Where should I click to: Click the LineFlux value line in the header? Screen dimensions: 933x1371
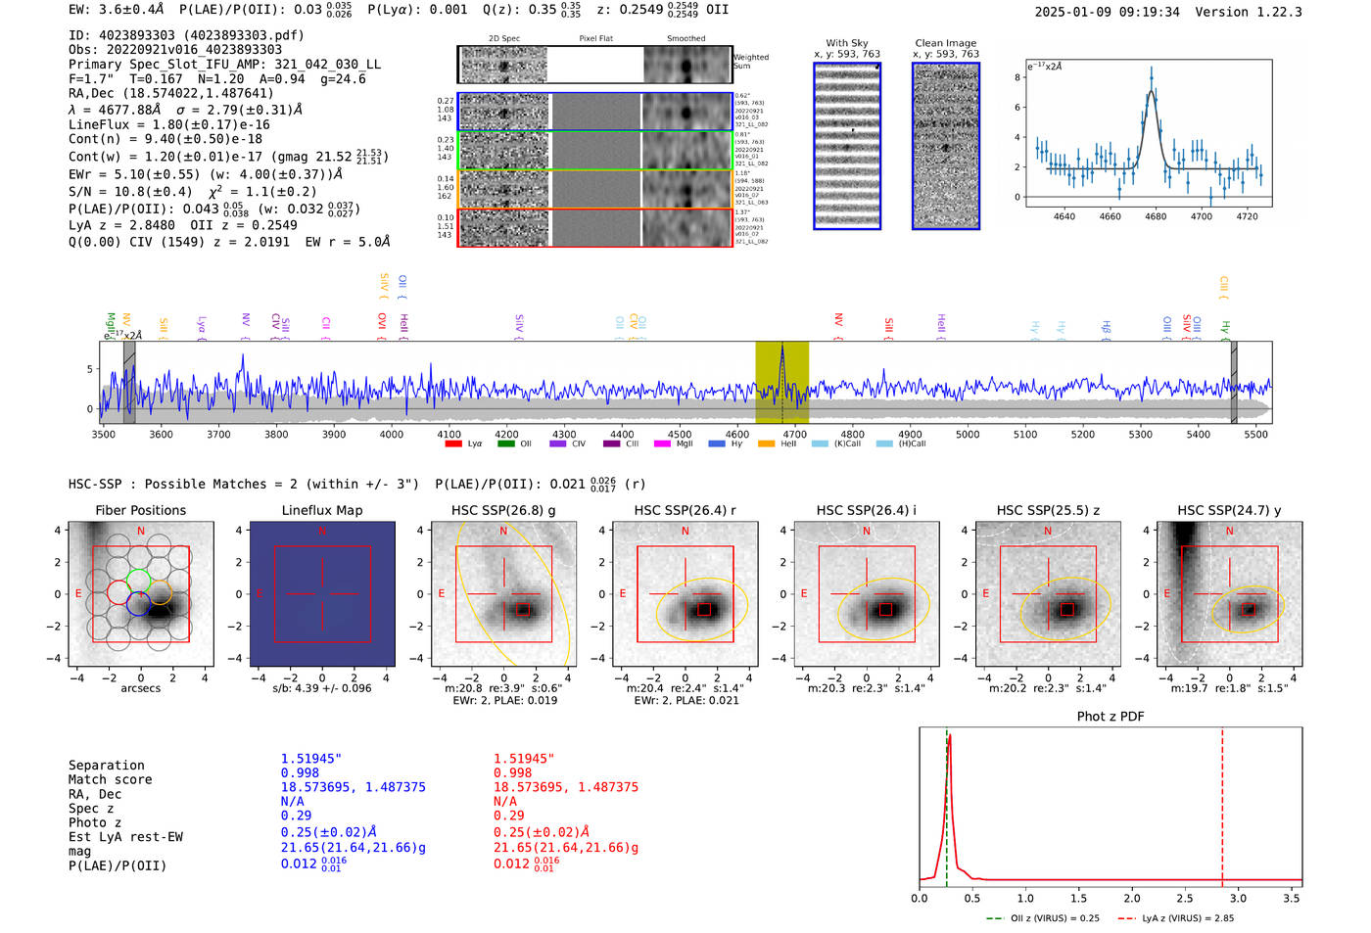click(168, 124)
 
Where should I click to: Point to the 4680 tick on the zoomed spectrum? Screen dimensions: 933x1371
click(1156, 216)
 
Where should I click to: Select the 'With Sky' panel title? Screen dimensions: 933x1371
click(846, 43)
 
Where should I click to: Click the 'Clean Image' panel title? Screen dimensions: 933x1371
click(945, 43)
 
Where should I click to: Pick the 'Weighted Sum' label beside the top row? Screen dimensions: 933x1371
click(751, 62)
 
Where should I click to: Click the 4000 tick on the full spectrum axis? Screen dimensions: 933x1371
click(392, 434)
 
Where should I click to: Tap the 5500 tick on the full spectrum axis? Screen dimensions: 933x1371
click(1255, 434)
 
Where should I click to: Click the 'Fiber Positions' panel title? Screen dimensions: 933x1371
click(140, 510)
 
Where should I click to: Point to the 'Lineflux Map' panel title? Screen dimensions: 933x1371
click(322, 510)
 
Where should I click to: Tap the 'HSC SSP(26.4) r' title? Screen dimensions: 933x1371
click(685, 510)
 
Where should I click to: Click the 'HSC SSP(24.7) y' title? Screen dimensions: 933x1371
click(1229, 510)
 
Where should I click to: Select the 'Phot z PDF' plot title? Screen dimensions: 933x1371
click(1111, 716)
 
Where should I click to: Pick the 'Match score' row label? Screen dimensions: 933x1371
click(110, 780)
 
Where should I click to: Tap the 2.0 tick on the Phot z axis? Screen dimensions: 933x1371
click(1132, 898)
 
